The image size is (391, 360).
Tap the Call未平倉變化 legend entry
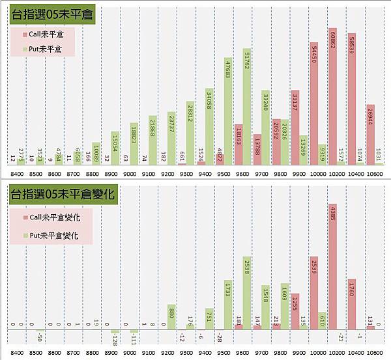[x=54, y=218]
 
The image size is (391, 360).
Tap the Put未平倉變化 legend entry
[x=53, y=236]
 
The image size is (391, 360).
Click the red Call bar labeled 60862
[x=332, y=104]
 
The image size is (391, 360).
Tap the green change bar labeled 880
[x=171, y=316]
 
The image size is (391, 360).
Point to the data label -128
[x=114, y=340]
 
